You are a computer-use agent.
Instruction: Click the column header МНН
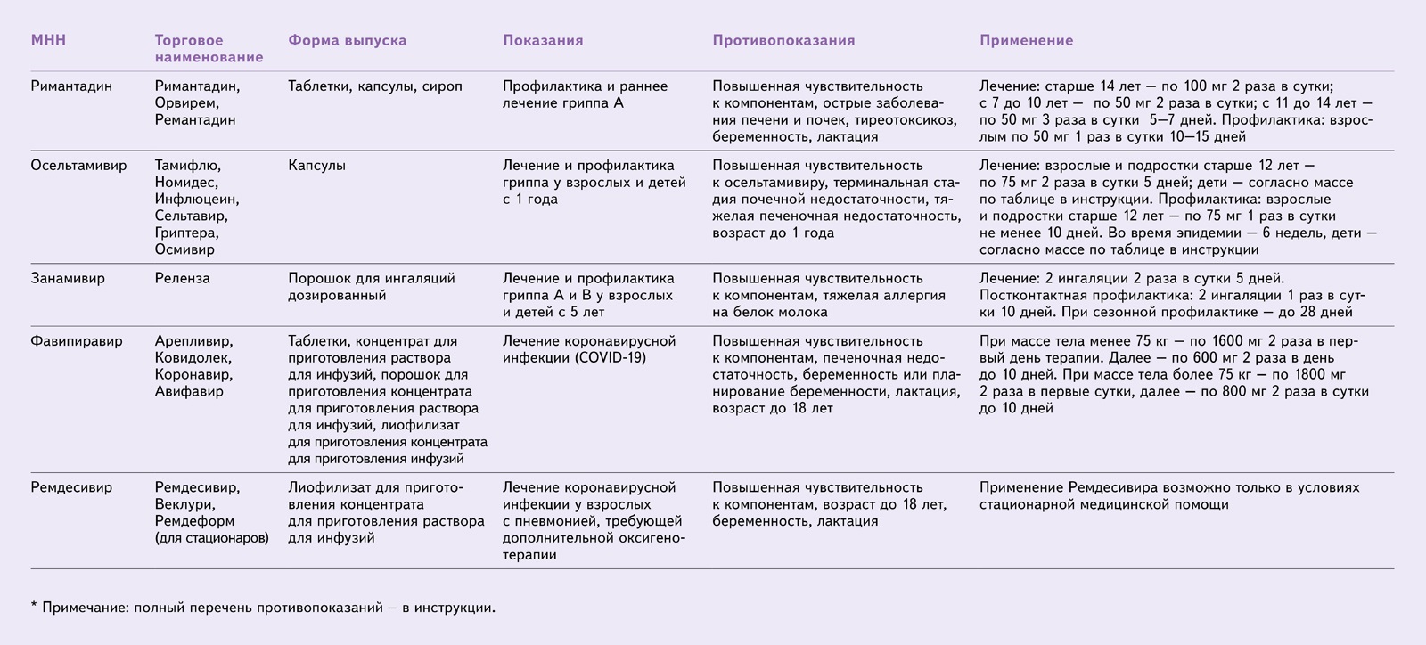49,40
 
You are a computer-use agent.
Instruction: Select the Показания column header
543,40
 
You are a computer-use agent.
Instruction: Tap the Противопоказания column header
783,40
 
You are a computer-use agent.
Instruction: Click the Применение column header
1026,40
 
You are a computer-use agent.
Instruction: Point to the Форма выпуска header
347,40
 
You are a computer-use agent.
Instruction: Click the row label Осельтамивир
78,166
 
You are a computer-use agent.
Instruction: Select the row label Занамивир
68,278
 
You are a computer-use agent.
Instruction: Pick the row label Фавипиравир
77,341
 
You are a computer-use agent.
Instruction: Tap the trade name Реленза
182,278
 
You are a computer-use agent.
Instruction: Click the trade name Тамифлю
187,166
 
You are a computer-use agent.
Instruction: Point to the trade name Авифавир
189,391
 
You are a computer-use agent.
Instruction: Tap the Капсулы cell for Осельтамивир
316,166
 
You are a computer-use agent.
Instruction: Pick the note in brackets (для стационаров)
211,538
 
